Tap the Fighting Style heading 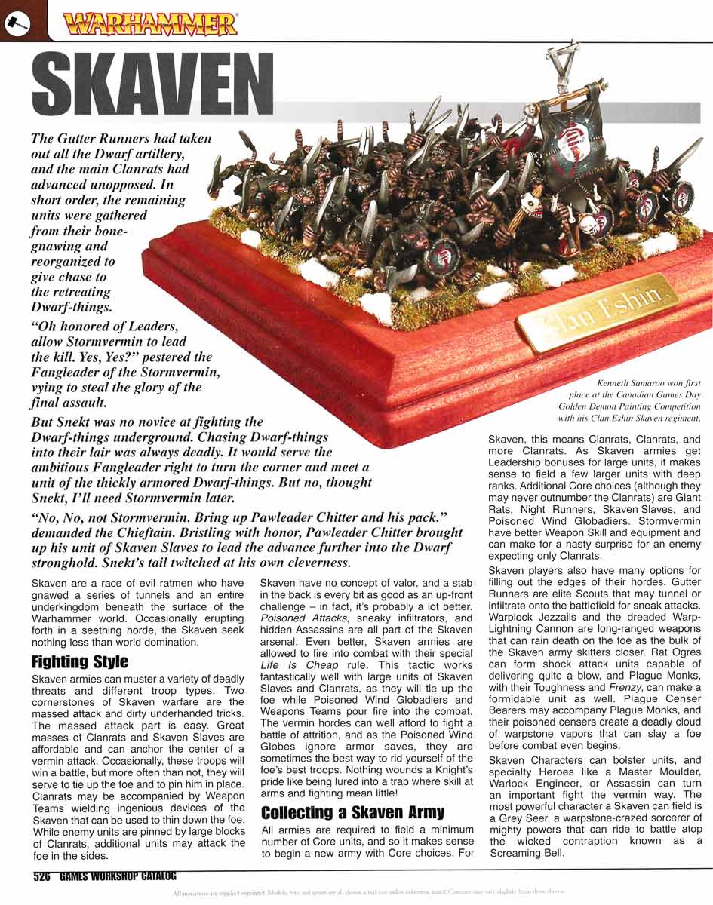pyautogui.click(x=80, y=662)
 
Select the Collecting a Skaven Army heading pyautogui.click(x=352, y=812)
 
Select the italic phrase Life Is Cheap pyautogui.click(x=290, y=665)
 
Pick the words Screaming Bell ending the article pyautogui.click(x=526, y=853)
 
